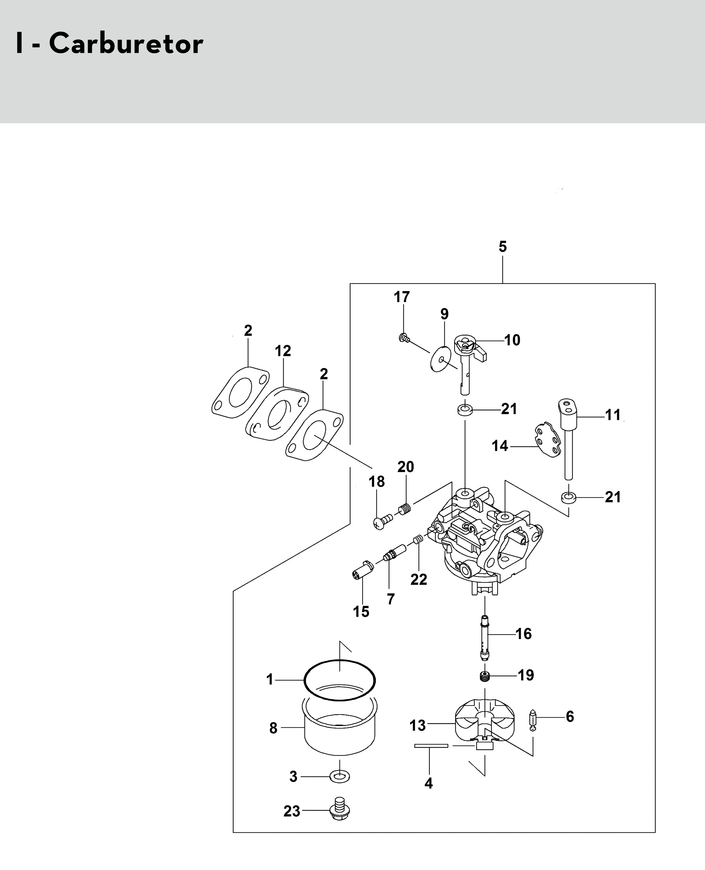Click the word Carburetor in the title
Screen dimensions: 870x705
click(126, 44)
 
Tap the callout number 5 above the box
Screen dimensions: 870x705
click(502, 246)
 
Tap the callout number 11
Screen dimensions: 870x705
click(613, 415)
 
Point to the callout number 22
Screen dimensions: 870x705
click(419, 580)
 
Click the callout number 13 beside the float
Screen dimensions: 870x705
click(417, 725)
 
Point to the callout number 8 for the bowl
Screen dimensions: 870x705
click(273, 728)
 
